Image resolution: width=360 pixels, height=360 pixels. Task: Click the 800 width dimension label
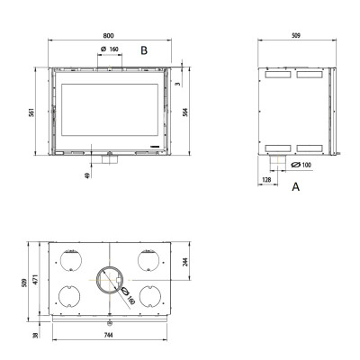coord(108,35)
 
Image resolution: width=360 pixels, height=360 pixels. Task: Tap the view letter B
coord(144,50)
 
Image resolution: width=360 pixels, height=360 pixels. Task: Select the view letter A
coord(296,187)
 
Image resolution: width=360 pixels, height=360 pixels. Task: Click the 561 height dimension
coord(32,112)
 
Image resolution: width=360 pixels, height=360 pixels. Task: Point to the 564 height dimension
coord(185,112)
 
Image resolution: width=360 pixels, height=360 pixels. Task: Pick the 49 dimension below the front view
coord(87,175)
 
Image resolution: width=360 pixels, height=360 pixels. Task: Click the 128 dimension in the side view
coord(266,180)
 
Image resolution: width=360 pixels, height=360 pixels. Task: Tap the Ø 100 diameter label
coord(301,165)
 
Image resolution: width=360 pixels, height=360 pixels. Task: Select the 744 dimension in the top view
coord(108,335)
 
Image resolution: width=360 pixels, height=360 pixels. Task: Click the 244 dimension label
coord(185,262)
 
